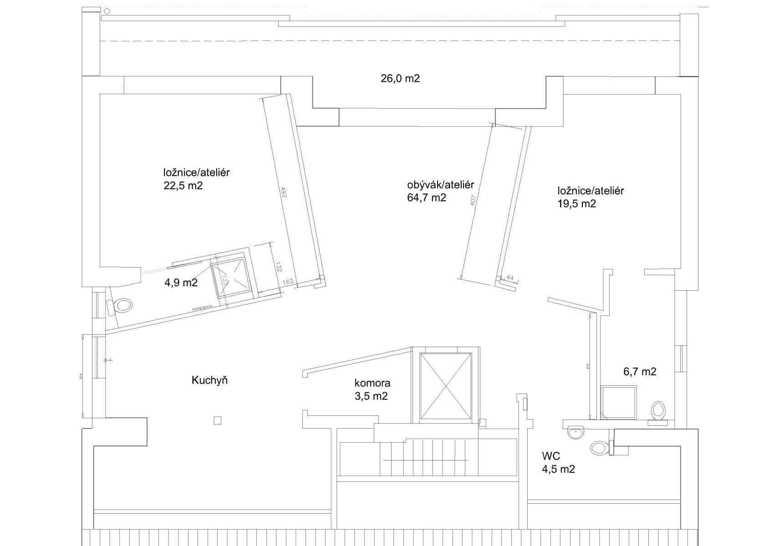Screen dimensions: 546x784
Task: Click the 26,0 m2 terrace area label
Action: point(400,78)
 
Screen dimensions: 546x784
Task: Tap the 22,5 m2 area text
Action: point(183,186)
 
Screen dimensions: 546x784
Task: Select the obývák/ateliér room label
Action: point(440,185)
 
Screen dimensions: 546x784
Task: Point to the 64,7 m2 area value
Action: point(426,197)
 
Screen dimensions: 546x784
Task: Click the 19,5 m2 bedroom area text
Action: point(576,203)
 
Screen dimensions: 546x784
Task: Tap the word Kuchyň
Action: point(209,380)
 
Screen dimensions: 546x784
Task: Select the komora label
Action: point(372,383)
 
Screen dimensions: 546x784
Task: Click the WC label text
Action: point(551,456)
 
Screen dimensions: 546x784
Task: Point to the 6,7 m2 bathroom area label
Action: point(640,372)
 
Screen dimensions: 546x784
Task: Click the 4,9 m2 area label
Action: point(181,283)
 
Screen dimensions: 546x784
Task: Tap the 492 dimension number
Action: point(284,192)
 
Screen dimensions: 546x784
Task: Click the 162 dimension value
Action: point(288,282)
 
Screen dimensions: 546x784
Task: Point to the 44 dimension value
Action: point(509,278)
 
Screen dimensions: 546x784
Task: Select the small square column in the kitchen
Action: point(218,420)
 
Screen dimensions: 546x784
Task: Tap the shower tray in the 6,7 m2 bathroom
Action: point(618,402)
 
